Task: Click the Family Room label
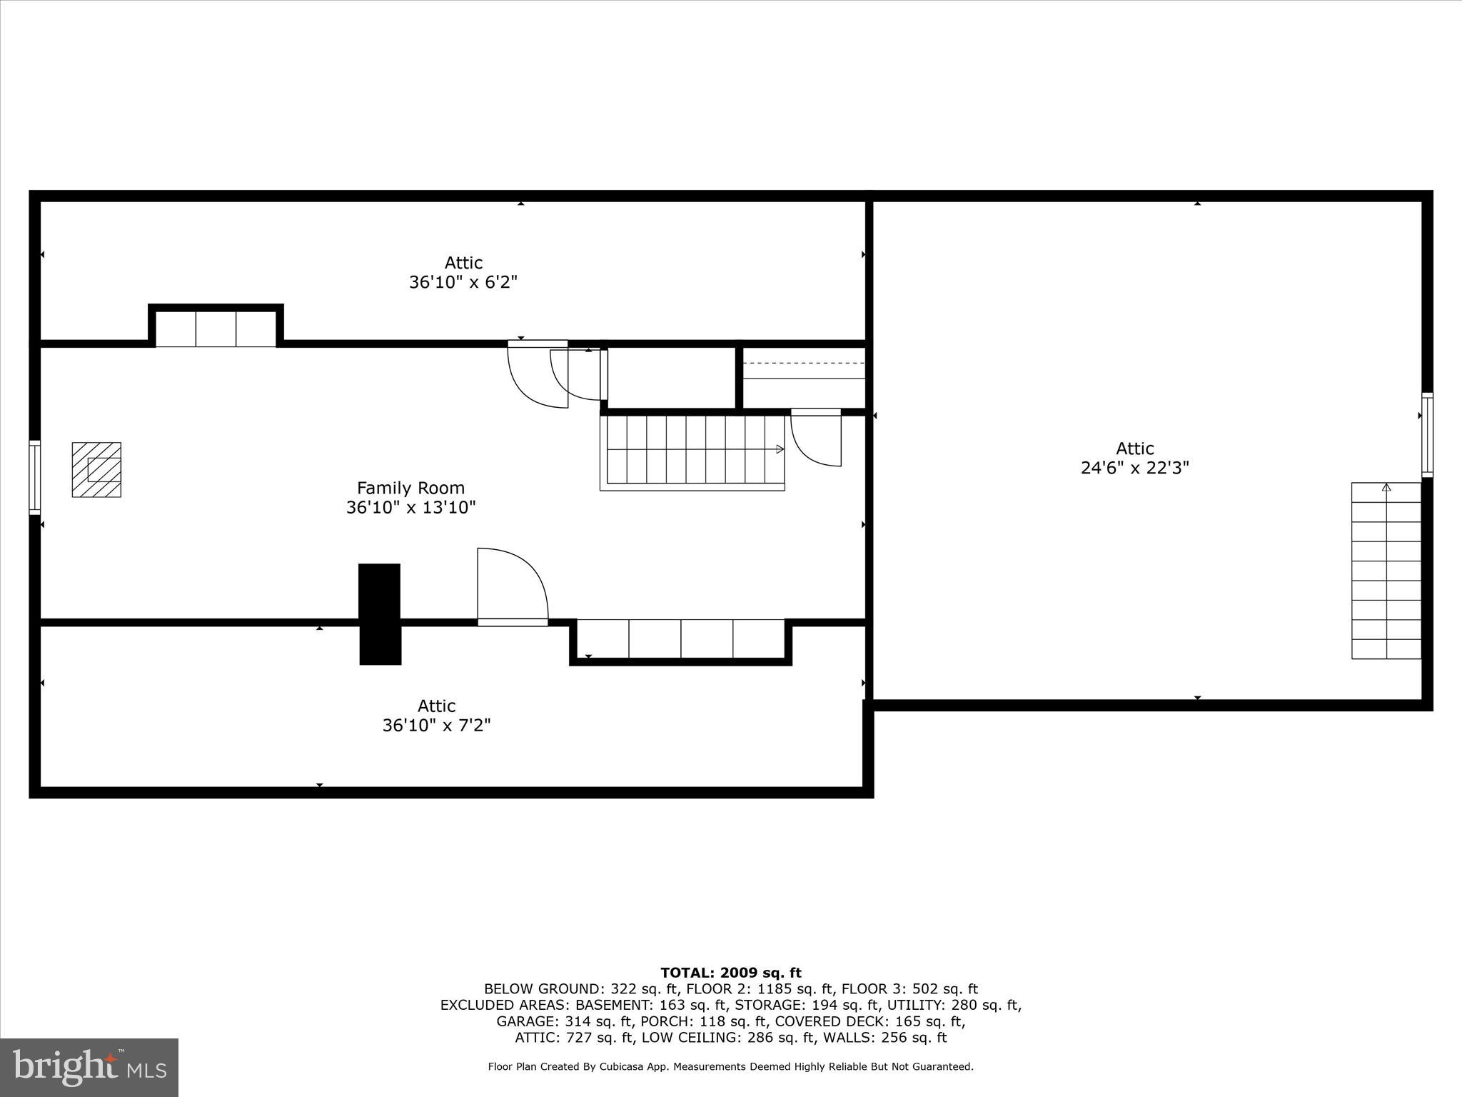point(410,489)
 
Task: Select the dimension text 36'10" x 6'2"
point(463,282)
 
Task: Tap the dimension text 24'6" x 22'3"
point(1134,468)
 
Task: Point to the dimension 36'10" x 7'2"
point(436,726)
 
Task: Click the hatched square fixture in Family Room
point(96,469)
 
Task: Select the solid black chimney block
point(379,614)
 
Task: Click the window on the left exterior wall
point(34,477)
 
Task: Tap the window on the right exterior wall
point(1427,434)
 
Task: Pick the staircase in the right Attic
point(1386,571)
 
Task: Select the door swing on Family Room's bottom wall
point(512,586)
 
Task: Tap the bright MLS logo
point(89,1067)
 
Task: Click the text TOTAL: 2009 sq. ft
point(730,973)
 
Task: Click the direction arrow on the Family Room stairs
point(780,449)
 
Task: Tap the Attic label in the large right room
point(1134,449)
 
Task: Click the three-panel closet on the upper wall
point(216,328)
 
